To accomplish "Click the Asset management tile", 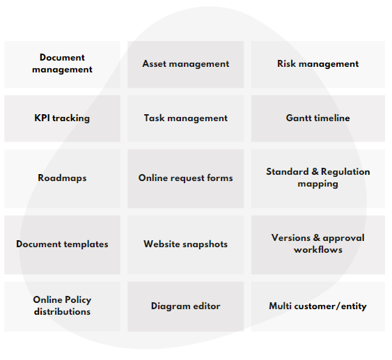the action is [185, 64].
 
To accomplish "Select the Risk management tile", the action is [318, 64].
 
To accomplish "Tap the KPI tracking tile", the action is [62, 118].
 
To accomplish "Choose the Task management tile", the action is [185, 118].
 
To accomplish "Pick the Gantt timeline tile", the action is [318, 118].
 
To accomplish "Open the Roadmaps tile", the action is [62, 178].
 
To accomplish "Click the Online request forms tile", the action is [185, 178].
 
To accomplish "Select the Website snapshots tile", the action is [185, 244].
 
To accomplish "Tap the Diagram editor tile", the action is [185, 306].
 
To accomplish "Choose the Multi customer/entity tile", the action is [318, 306].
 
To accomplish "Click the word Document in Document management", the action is [62, 58].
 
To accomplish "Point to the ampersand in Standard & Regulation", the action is [315, 171].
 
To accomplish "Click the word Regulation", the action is [345, 172].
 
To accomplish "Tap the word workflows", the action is [318, 249].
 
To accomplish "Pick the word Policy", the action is [78, 300].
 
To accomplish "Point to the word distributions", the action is [62, 311].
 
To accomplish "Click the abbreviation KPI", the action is [42, 118].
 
